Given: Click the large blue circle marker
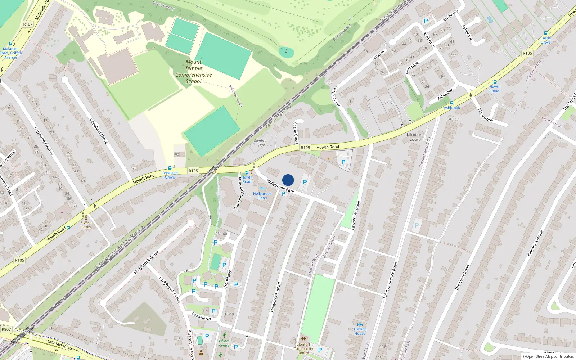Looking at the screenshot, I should [288, 180].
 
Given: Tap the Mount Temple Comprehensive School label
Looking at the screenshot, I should [194, 72].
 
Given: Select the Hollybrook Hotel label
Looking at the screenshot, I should [262, 196].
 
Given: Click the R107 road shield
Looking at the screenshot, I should [28, 24].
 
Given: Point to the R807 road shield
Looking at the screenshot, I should [6, 329].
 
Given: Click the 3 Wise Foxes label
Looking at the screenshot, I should [86, 225].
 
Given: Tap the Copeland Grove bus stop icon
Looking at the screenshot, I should [170, 168].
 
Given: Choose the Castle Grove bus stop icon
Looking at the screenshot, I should [546, 33].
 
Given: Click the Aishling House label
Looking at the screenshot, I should [360, 331].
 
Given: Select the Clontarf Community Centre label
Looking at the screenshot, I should [303, 348].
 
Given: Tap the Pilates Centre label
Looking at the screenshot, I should [224, 343].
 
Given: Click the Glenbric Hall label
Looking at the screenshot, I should [260, 143].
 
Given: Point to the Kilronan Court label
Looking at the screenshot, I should [414, 137].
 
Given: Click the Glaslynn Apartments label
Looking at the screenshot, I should [239, 191].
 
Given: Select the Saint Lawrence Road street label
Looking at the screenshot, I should [390, 280].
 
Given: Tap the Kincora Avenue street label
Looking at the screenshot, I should [535, 243].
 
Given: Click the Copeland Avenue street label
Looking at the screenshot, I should [44, 141].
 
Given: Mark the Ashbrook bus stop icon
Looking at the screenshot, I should [451, 103].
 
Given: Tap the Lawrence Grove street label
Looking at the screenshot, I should [356, 215].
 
